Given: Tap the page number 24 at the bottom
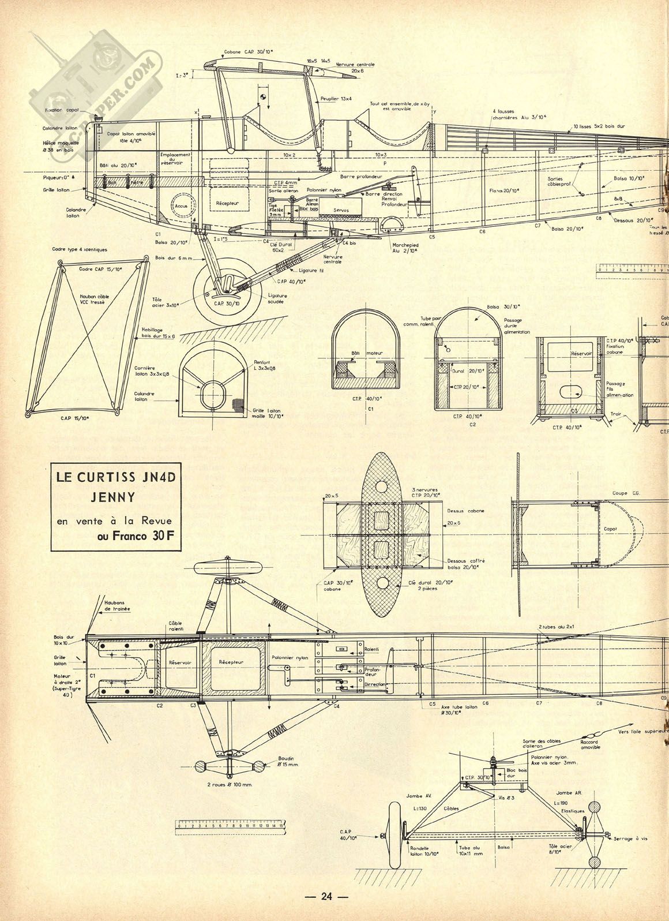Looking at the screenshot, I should [x=327, y=896].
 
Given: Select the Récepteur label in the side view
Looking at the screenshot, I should [x=227, y=203].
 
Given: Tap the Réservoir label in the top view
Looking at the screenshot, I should [x=179, y=663].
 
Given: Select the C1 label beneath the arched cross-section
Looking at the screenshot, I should [x=371, y=409].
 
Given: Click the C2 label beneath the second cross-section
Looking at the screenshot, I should [x=472, y=424].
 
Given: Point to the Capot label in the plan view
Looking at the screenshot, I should [x=610, y=529].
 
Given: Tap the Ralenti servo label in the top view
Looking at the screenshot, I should [x=371, y=649].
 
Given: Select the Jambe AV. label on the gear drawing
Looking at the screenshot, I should [x=420, y=795].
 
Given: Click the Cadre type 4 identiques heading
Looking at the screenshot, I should [x=80, y=250].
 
